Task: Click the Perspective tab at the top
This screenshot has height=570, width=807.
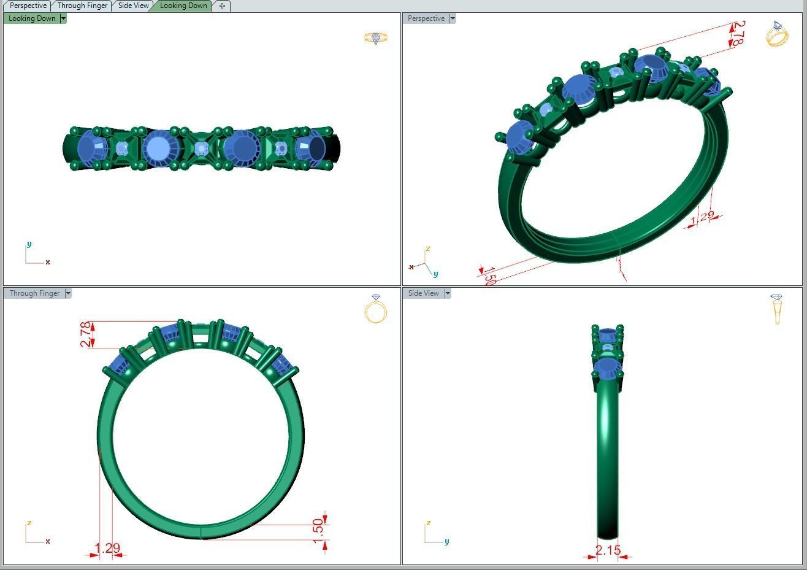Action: (x=28, y=6)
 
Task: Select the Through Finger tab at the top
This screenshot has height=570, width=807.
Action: (x=82, y=6)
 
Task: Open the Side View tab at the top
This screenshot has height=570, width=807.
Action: (x=133, y=6)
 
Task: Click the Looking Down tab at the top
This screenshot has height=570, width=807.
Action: (x=183, y=6)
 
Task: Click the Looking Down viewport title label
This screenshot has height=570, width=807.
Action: (x=32, y=18)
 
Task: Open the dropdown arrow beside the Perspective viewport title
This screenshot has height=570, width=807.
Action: (x=453, y=18)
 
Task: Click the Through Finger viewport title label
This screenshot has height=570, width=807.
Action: (x=34, y=293)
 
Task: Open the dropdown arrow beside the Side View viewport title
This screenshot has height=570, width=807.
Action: (x=448, y=293)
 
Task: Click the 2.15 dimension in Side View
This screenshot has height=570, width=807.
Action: (x=608, y=550)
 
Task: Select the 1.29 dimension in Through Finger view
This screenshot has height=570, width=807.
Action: (x=107, y=548)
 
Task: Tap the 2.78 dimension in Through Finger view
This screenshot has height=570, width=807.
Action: (x=85, y=334)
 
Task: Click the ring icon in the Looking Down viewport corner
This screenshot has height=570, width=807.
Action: (x=375, y=38)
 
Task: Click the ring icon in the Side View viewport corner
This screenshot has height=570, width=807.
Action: (x=777, y=309)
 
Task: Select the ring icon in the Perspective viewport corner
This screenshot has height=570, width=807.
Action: (x=777, y=34)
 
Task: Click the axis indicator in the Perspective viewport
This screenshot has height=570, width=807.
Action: (x=424, y=263)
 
